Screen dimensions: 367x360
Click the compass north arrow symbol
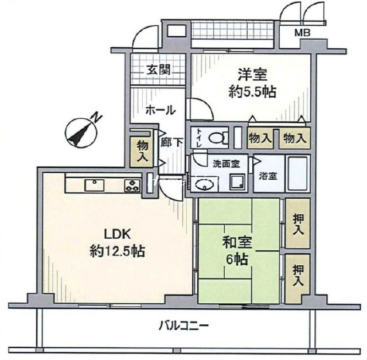81,133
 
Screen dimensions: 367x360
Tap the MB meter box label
302,33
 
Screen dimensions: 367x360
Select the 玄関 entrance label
158,69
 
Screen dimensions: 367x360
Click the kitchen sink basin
94,185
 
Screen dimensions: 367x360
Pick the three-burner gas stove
132,185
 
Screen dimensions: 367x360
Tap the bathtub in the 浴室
297,173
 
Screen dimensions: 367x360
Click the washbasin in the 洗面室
205,184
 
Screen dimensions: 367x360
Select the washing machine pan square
237,181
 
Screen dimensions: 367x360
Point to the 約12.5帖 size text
118,251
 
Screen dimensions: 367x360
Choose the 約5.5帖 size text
252,92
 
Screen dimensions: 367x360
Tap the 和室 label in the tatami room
237,242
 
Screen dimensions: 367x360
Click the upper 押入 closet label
298,224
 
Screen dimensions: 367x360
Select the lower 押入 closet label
298,276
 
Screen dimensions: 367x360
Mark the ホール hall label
161,110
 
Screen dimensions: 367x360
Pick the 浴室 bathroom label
268,176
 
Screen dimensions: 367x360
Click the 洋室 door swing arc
205,104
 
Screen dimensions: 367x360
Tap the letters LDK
117,234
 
